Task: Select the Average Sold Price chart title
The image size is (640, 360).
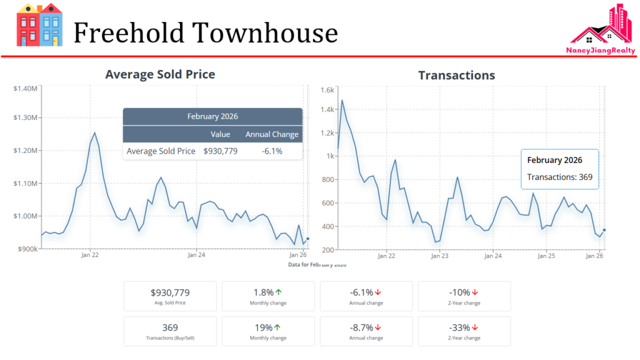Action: point(160,74)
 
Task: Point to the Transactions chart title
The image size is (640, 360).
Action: point(456,76)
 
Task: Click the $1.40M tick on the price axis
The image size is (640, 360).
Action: point(26,88)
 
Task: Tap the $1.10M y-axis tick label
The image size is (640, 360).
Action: point(26,183)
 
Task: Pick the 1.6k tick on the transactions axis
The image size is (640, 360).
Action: point(327,90)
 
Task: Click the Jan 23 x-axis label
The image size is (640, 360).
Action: point(440,256)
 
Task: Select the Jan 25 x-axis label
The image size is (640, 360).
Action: point(546,256)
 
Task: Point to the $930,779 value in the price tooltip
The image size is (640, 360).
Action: point(221,151)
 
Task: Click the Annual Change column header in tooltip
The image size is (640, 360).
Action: point(272,134)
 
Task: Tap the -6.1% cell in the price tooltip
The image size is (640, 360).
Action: point(272,151)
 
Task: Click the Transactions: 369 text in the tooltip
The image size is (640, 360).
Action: point(559,177)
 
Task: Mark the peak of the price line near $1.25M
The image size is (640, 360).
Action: point(94,132)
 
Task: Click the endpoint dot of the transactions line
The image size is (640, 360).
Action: point(604,230)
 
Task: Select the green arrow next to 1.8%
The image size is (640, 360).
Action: point(279,292)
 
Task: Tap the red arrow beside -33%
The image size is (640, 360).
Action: point(475,327)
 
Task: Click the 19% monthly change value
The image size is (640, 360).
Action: point(263,327)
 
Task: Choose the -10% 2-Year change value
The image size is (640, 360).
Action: point(459,292)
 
